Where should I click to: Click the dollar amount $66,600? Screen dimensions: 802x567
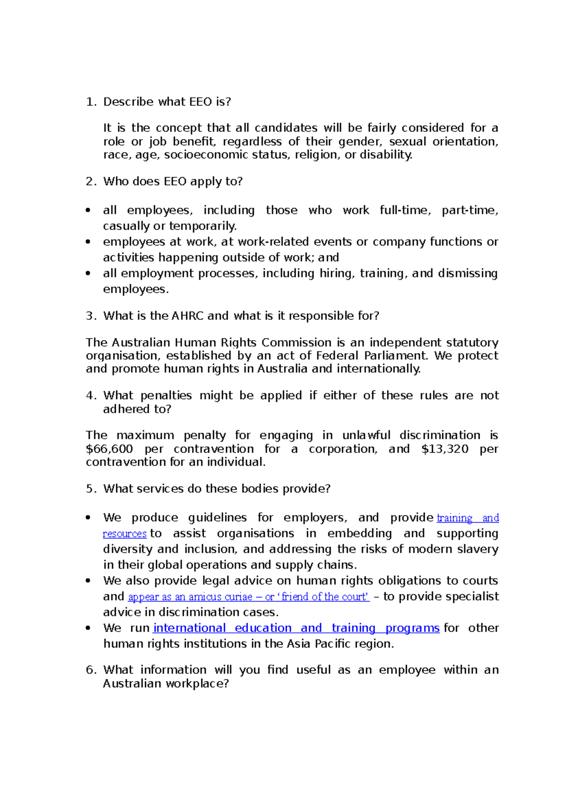coord(109,449)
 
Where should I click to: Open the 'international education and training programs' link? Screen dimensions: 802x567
coord(296,628)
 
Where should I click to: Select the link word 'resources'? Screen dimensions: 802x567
coord(125,534)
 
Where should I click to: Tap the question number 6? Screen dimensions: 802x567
coord(91,670)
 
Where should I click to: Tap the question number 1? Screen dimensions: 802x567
coord(91,102)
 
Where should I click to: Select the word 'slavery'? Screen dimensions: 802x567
coord(477,549)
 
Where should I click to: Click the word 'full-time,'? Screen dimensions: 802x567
coord(405,210)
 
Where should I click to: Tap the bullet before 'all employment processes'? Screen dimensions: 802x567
coord(88,273)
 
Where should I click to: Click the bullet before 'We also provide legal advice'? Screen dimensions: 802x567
coord(88,581)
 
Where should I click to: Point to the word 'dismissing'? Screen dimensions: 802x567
coord(467,273)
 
